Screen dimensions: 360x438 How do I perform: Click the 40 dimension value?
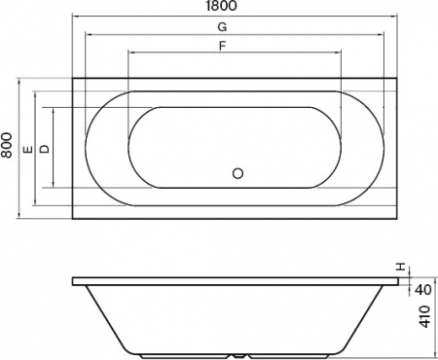click(x=424, y=289)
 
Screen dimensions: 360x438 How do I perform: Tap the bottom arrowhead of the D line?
click(x=55, y=187)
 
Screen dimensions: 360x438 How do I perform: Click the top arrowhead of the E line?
click(x=37, y=93)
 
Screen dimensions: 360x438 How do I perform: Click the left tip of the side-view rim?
click(x=74, y=282)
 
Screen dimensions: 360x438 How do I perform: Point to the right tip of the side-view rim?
click(x=400, y=282)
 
